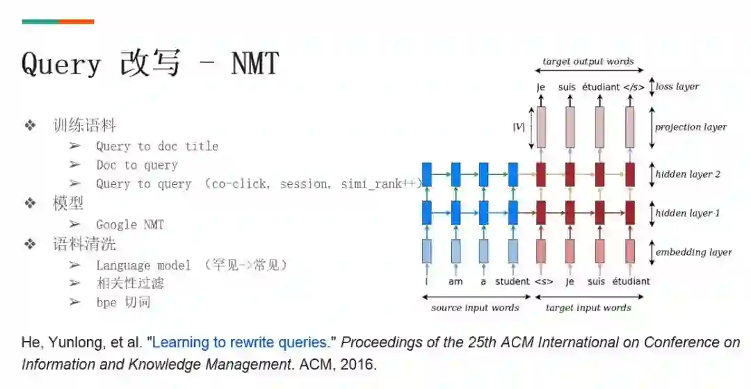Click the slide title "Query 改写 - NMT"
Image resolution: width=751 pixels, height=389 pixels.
click(150, 64)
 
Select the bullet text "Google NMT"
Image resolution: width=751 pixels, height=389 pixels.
click(130, 224)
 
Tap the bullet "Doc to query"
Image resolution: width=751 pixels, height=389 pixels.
click(137, 165)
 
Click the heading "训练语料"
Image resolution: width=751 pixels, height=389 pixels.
click(84, 126)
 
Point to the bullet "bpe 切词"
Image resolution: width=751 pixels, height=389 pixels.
click(123, 302)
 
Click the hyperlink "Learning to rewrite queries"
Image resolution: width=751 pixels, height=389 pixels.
click(239, 342)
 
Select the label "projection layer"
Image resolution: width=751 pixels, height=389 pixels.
click(690, 127)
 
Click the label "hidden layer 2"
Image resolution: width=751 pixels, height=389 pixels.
click(688, 174)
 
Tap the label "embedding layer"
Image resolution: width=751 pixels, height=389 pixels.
click(693, 252)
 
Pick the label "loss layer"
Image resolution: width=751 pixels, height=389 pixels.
click(677, 87)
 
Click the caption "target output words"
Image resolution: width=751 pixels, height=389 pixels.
click(588, 61)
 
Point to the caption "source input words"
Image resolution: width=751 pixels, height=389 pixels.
click(475, 307)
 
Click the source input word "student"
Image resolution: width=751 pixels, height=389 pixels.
click(512, 281)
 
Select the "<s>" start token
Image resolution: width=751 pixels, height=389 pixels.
click(543, 281)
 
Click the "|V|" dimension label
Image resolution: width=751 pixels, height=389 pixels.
click(518, 127)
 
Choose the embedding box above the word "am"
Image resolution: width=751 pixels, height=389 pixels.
click(455, 251)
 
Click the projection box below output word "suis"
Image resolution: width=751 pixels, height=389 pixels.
click(570, 127)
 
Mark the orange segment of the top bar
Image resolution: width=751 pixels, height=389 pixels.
click(76, 22)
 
